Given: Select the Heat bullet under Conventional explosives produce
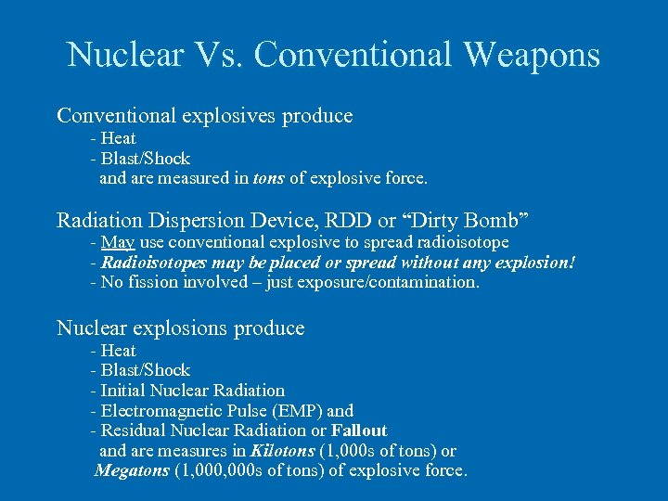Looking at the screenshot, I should pyautogui.click(x=118, y=138).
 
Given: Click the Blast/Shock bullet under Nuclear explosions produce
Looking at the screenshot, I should pyautogui.click(x=145, y=371).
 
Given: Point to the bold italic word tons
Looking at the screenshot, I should pyautogui.click(x=268, y=178).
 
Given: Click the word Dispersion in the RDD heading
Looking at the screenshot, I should pyautogui.click(x=197, y=220).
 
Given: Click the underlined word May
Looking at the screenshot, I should pyautogui.click(x=117, y=243).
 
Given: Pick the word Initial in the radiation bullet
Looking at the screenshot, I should pyautogui.click(x=124, y=391).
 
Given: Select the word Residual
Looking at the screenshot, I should pyautogui.click(x=133, y=430).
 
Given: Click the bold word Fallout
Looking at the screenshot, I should pyautogui.click(x=359, y=430).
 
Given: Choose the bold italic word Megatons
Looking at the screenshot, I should pyautogui.click(x=132, y=471).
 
